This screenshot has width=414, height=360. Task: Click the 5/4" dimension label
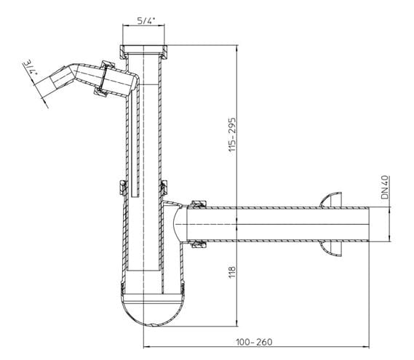point(145,20)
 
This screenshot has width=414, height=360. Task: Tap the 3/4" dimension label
point(31,68)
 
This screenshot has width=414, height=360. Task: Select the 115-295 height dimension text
point(232,135)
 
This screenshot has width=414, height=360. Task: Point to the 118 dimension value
point(232,272)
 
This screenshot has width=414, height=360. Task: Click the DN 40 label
point(385,187)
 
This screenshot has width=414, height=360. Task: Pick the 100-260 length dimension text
point(254,342)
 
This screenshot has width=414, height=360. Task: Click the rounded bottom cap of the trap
point(153,311)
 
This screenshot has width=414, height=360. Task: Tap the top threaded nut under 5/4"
point(143,52)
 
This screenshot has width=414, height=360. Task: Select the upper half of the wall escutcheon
point(331,200)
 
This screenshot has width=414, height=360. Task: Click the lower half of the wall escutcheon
point(331,249)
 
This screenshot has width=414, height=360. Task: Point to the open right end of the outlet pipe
point(369,224)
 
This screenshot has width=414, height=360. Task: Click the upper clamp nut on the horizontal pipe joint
point(199,204)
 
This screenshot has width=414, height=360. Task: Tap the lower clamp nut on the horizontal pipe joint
point(199,244)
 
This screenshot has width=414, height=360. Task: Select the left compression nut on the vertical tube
point(123,188)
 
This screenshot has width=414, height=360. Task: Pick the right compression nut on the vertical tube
point(164,188)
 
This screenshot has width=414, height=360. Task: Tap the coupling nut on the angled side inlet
point(105,79)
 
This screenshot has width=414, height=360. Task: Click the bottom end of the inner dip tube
point(135,196)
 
